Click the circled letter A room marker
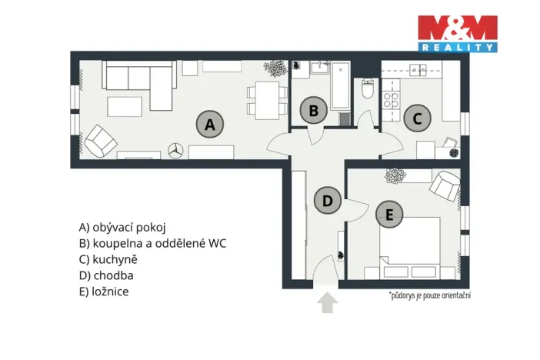[209, 123]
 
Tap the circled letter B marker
[312, 111]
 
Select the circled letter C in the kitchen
[417, 118]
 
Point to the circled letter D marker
[327, 202]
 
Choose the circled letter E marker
[389, 214]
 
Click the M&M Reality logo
[456, 34]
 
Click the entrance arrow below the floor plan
[328, 302]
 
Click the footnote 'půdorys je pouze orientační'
[429, 295]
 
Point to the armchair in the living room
[99, 141]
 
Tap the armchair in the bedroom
[445, 184]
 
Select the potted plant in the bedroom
[394, 176]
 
